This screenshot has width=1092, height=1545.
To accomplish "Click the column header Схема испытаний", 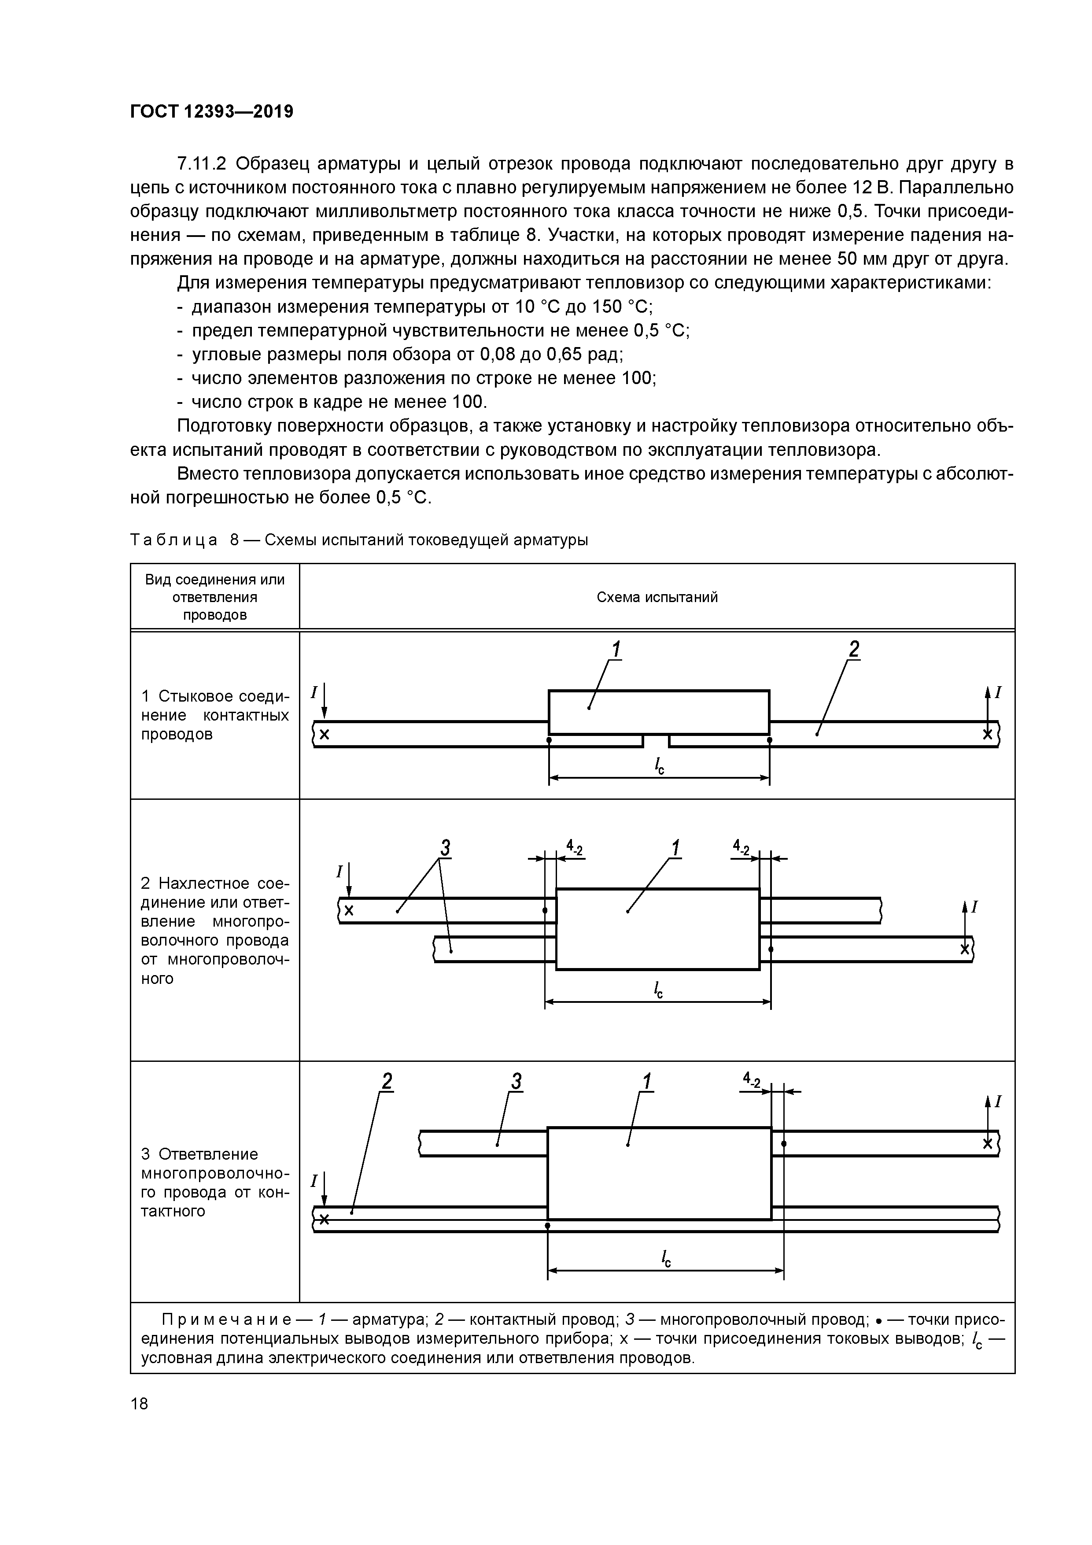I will coord(657,597).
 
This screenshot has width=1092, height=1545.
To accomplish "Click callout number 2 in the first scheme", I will coord(853,649).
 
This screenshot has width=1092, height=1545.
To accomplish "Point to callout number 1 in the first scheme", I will coord(615,649).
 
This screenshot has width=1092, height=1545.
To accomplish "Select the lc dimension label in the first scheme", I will coord(659,765).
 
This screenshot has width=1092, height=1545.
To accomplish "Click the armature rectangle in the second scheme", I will coord(657,928).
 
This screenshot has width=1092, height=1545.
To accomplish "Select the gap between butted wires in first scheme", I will coord(656,741).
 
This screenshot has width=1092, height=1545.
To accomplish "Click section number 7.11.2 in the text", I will coord(203,163).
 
